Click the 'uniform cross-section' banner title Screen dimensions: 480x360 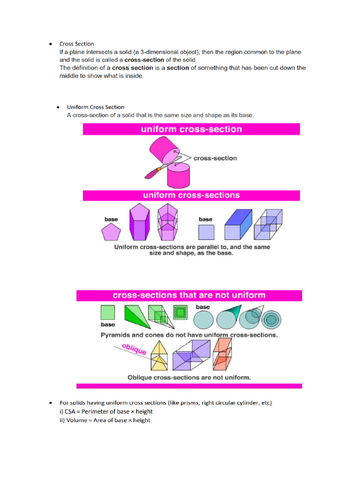click(191, 129)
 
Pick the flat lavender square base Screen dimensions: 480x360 click(206, 232)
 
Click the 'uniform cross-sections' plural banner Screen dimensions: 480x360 click(191, 195)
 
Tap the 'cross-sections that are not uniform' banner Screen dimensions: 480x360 click(189, 295)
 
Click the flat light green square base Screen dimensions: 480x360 click(108, 313)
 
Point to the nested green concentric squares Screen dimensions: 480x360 click(180, 313)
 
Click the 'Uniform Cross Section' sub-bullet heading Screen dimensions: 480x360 click(96, 107)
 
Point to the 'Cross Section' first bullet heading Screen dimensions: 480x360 click(76, 44)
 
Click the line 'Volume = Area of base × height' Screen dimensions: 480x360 click(105, 420)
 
